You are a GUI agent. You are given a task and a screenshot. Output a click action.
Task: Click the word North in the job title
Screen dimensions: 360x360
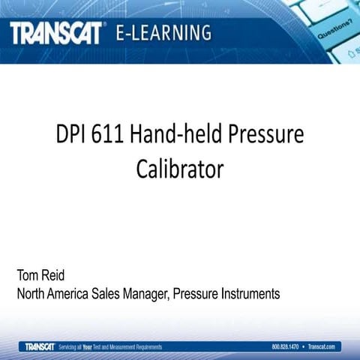pos(34,293)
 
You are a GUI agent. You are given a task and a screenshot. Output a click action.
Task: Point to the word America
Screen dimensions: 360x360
pos(82,293)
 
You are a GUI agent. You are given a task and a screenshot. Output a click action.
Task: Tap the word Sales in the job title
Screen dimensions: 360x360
pos(127,293)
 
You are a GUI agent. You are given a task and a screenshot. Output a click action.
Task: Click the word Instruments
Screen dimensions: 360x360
pos(252,293)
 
